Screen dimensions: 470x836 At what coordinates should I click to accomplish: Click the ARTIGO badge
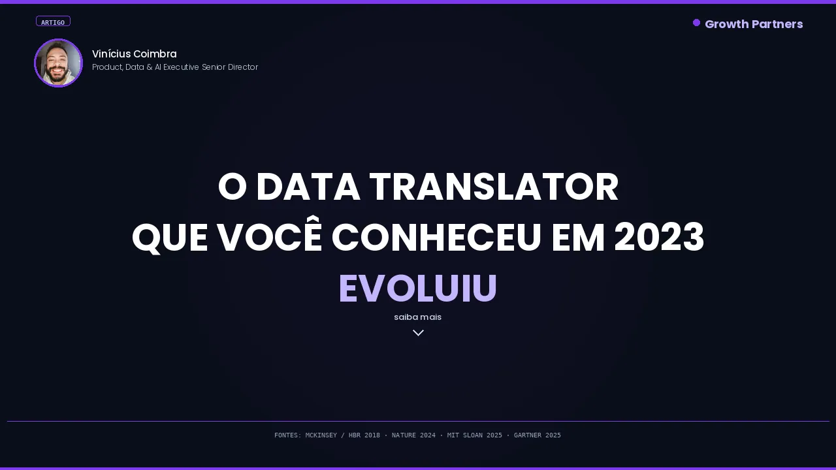tap(53, 22)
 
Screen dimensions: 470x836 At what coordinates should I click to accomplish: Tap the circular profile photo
tap(58, 63)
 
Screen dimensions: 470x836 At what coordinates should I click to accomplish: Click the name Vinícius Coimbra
tap(135, 54)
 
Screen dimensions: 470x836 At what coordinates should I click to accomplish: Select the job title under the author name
tap(175, 67)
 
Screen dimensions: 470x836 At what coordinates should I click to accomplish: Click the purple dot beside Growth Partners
tap(696, 23)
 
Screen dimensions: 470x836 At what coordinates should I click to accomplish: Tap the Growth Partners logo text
tap(754, 24)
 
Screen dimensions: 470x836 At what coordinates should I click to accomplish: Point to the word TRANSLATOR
tap(494, 187)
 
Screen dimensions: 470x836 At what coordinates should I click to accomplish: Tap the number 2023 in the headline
tap(659, 238)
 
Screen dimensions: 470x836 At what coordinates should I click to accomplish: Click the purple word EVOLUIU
tap(418, 289)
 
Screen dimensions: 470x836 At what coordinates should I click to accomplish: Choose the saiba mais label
tap(418, 317)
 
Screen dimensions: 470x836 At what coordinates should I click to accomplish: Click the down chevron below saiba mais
tap(418, 333)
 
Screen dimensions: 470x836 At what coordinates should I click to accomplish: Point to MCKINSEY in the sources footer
tap(321, 435)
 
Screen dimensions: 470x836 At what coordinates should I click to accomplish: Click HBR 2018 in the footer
tap(364, 435)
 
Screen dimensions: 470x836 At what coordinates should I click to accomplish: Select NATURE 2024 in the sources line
tap(413, 435)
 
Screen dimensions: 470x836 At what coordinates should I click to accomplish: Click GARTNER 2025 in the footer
tap(537, 435)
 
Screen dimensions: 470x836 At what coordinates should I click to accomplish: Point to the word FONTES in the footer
tap(287, 435)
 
